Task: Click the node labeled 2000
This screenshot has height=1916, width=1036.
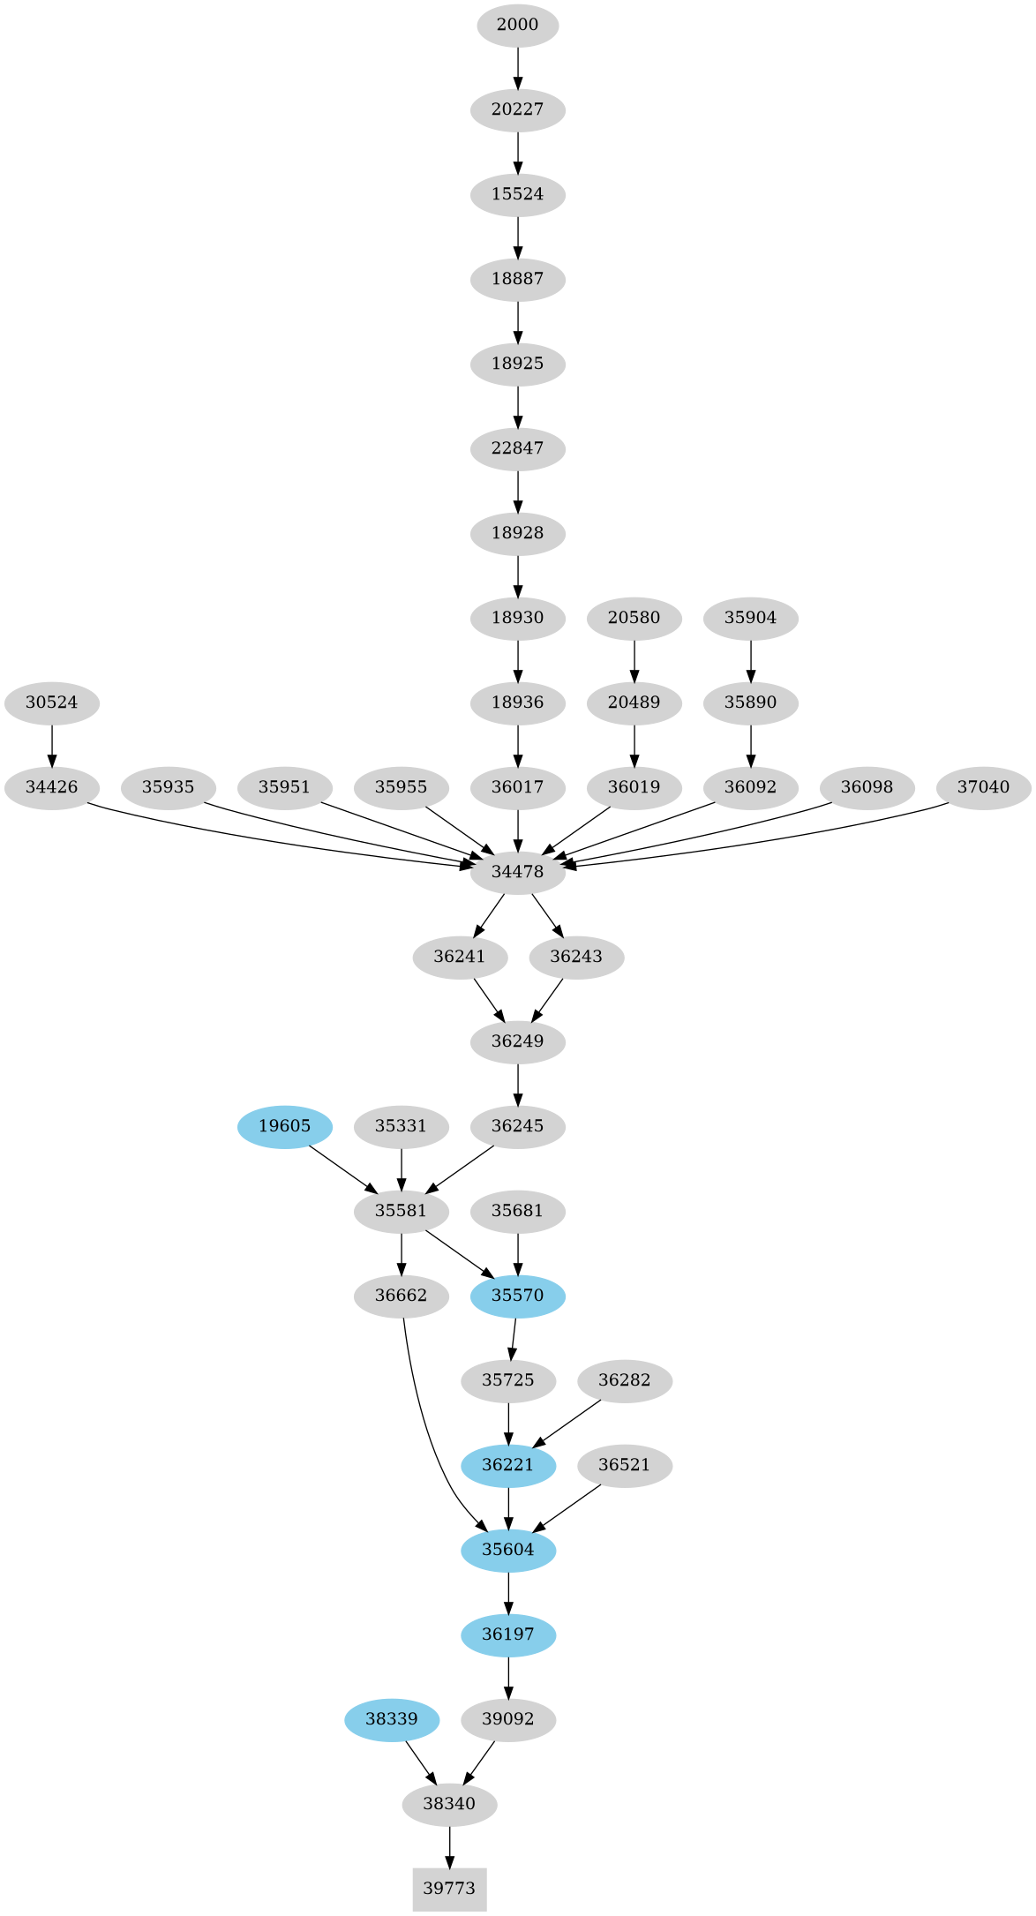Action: (517, 25)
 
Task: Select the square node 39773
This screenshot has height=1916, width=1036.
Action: (449, 1889)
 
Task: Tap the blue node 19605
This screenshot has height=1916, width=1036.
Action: (284, 1126)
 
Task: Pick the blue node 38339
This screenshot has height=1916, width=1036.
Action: (391, 1719)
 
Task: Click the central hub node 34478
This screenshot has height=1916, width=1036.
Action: (517, 872)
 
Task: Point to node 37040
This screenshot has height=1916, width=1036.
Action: (983, 787)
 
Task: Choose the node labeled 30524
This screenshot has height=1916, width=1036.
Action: (51, 703)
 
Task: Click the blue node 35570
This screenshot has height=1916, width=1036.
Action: (517, 1296)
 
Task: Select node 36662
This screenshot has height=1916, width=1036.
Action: (401, 1296)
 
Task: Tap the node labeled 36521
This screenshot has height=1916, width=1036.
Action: (624, 1465)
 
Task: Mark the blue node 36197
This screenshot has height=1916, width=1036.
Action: (508, 1634)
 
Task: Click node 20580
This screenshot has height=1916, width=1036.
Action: (634, 618)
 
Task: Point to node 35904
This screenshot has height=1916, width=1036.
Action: (750, 618)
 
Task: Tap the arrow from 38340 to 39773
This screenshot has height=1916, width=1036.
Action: (449, 1846)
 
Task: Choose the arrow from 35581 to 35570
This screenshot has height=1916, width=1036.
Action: (459, 1253)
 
